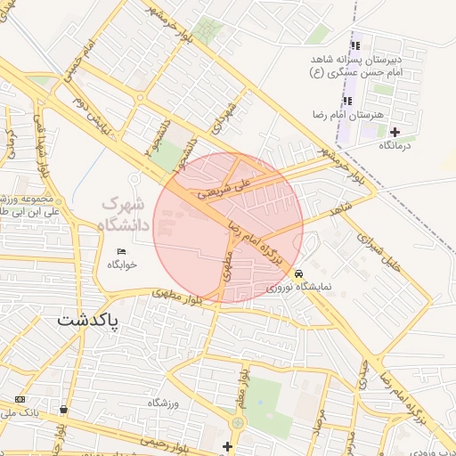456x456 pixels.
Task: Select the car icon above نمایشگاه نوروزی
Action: [298, 273]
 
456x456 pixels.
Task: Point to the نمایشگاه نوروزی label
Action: [298, 288]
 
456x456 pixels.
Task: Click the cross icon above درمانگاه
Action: [395, 132]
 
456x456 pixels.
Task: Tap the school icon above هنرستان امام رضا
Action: [347, 100]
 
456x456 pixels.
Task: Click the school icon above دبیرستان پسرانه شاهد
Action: [356, 45]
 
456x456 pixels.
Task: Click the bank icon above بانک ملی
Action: [20, 399]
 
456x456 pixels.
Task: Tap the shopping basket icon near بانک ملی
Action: [64, 409]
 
